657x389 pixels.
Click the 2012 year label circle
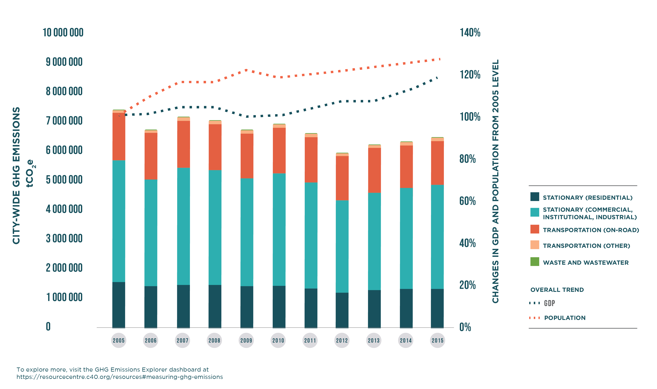342,340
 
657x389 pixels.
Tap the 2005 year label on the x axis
119,340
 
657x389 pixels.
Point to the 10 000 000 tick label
63,33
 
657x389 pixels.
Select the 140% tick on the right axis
470,33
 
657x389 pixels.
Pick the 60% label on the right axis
467,201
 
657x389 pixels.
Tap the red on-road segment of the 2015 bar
437,163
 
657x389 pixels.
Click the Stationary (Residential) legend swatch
535,197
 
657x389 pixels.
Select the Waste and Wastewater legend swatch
535,262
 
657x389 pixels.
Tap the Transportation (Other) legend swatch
535,245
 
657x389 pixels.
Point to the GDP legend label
549,303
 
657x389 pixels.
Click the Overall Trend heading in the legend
557,290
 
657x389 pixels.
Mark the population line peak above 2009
246,70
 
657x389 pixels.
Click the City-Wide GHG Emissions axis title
16,176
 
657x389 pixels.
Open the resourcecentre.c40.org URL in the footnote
119,377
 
